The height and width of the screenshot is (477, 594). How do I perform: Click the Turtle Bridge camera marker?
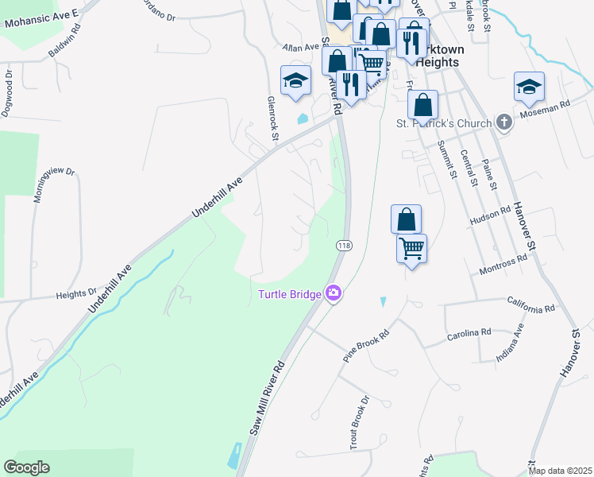coord(334,293)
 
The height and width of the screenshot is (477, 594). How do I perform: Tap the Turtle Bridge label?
coord(290,295)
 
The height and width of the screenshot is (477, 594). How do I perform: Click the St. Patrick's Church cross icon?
coord(503,122)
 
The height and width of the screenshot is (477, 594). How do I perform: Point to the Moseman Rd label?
coord(546,110)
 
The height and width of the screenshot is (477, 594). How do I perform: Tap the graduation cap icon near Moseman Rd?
coord(529,87)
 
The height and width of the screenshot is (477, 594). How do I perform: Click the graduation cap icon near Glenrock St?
coord(295,80)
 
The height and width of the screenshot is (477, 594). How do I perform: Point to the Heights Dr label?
coord(75,294)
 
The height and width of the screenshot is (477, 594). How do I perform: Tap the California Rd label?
coord(532,308)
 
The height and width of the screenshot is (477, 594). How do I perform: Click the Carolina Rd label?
coord(469,334)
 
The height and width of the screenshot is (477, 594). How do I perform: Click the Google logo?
coord(26,467)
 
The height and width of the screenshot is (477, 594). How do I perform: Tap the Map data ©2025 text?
coord(559,471)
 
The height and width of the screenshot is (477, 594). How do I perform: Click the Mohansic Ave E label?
coord(42,19)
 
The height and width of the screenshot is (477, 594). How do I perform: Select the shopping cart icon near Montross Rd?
coord(411,249)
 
